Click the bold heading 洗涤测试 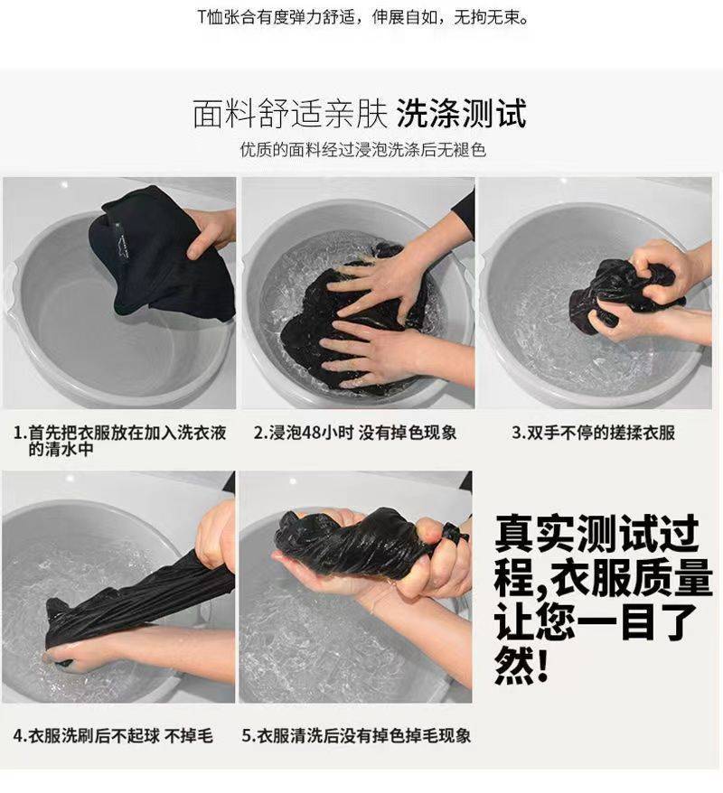pos(462,113)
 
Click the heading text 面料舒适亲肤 pos(289,113)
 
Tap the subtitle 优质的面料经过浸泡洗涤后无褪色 pos(362,150)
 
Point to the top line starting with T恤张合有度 pos(362,18)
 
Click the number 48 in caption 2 pos(311,433)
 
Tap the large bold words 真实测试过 pos(596,534)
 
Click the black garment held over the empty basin pos(158,253)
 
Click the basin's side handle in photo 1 pos(10,284)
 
